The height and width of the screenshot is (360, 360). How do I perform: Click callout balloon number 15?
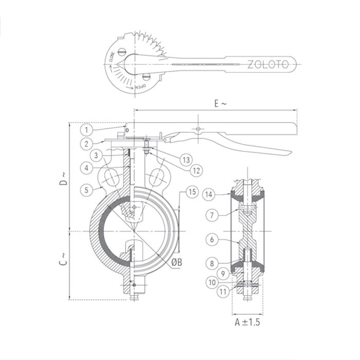[192, 192]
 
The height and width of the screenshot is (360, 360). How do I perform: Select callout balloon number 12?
[194, 169]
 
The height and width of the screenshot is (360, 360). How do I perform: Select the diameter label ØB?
[176, 262]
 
